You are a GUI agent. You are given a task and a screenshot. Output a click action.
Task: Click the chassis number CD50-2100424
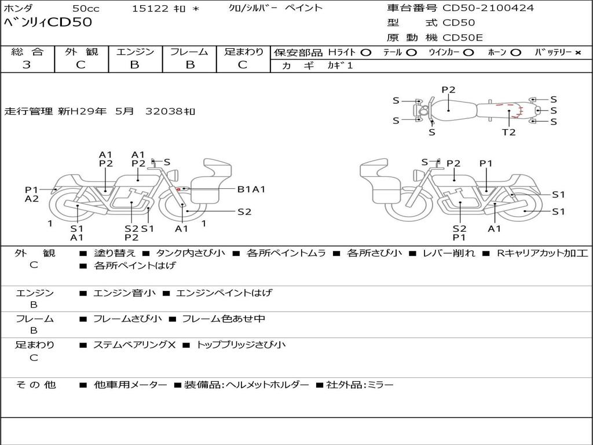[488, 8]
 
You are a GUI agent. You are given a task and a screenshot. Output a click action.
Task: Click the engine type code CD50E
[463, 38]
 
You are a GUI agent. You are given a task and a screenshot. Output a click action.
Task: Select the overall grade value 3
[27, 65]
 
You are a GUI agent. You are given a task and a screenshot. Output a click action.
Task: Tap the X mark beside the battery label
[577, 53]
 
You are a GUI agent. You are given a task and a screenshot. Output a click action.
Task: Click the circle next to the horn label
[515, 53]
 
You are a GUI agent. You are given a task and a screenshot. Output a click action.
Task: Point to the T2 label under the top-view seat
[508, 132]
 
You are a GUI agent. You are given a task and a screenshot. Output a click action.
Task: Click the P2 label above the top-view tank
[449, 90]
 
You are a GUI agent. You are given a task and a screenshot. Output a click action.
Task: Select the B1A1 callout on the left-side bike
[251, 189]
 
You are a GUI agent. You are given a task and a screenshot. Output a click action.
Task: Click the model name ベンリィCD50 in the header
[47, 22]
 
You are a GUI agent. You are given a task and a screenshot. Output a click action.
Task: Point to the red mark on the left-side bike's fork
[178, 189]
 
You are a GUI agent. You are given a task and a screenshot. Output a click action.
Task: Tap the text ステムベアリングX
[134, 345]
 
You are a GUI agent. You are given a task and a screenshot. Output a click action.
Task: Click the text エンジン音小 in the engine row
[124, 293]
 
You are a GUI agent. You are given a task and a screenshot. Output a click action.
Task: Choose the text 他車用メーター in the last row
[130, 385]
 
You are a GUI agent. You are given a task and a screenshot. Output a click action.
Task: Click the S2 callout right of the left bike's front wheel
[244, 212]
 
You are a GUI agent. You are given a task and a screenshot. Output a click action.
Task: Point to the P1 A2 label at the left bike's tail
[32, 194]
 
